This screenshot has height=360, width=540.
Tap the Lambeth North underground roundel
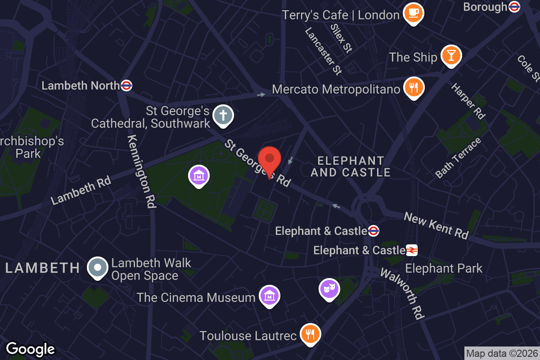pyautogui.click(x=126, y=85)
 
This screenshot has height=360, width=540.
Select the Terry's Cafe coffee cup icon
pyautogui.click(x=413, y=13)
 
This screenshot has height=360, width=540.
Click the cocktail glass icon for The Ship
pyautogui.click(x=450, y=56)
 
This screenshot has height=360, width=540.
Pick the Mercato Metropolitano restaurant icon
pyautogui.click(x=413, y=87)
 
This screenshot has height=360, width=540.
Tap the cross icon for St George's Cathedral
pyautogui.click(x=223, y=114)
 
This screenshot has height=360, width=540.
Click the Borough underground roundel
pyautogui.click(x=514, y=7)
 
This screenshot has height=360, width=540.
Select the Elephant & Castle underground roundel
pyautogui.click(x=373, y=231)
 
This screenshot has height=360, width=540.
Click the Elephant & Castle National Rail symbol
pyautogui.click(x=411, y=250)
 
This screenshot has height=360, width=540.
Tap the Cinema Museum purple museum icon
pyautogui.click(x=269, y=296)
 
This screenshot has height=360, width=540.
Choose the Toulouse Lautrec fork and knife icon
pyautogui.click(x=310, y=334)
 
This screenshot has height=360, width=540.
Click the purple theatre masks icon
pyautogui.click(x=329, y=288)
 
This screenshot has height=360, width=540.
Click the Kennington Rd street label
pyautogui.click(x=141, y=171)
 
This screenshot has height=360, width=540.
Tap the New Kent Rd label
pyautogui.click(x=436, y=225)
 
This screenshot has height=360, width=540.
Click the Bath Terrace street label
pyautogui.click(x=458, y=158)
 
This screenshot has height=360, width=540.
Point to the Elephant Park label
pyautogui.click(x=444, y=269)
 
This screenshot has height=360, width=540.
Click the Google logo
pyautogui.click(x=30, y=349)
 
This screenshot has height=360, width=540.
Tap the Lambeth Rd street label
pyautogui.click(x=81, y=192)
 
